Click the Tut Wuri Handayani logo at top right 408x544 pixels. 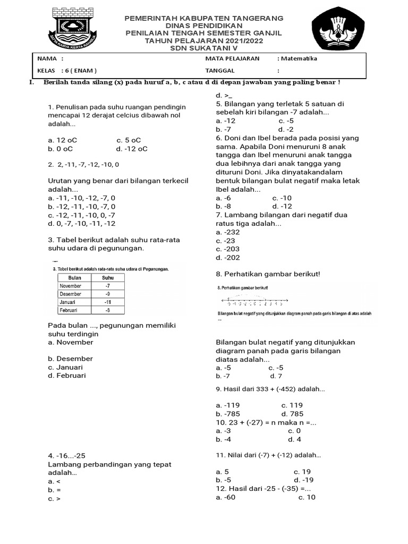click(338, 31)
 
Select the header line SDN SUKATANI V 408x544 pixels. click(203, 48)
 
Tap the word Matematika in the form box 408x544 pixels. click(299, 58)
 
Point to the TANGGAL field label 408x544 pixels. click(219, 70)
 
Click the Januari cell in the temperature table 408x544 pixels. click(71, 302)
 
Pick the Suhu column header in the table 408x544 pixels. click(108, 277)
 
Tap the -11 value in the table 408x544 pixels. click(108, 302)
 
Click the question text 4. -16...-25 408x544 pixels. click(66, 456)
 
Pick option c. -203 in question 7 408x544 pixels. click(228, 249)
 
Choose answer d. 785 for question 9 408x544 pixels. click(292, 414)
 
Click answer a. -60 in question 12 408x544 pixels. click(226, 497)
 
